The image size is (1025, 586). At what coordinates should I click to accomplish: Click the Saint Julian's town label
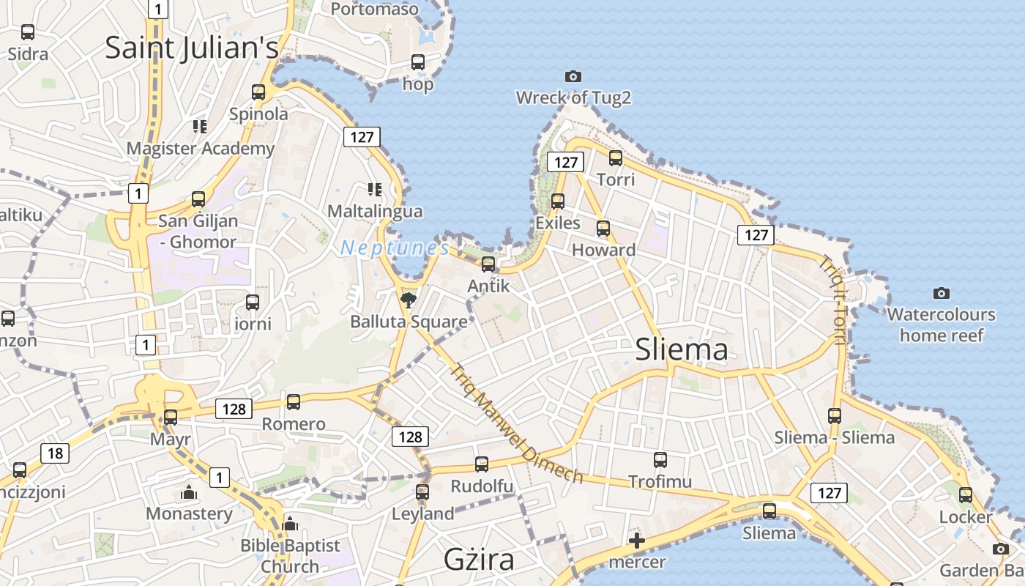pyautogui.click(x=192, y=48)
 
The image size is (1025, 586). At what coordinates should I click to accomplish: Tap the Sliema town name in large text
pyautogui.click(x=682, y=349)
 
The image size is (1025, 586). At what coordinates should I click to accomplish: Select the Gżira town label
pyautogui.click(x=479, y=560)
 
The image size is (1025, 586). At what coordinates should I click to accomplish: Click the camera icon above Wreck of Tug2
pyautogui.click(x=573, y=76)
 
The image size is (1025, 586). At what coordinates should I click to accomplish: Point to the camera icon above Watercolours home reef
pyautogui.click(x=942, y=294)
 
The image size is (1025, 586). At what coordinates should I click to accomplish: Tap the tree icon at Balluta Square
pyautogui.click(x=408, y=299)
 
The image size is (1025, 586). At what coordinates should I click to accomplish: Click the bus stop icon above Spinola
pyautogui.click(x=258, y=92)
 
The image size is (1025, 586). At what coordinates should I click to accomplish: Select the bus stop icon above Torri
pyautogui.click(x=616, y=157)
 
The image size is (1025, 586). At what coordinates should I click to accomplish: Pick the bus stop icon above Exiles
pyautogui.click(x=558, y=201)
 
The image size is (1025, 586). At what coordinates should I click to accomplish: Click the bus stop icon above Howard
pyautogui.click(x=603, y=229)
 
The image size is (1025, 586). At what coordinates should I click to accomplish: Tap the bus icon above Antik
pyautogui.click(x=488, y=264)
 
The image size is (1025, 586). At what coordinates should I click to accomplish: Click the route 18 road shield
pyautogui.click(x=56, y=453)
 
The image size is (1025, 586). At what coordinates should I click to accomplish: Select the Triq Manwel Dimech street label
pyautogui.click(x=517, y=424)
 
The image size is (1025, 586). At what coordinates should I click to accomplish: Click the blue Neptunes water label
pyautogui.click(x=395, y=248)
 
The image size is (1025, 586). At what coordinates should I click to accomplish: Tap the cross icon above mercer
pyautogui.click(x=637, y=541)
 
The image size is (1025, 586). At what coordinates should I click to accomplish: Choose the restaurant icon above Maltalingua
pyautogui.click(x=375, y=190)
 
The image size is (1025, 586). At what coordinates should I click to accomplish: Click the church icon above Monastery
pyautogui.click(x=189, y=492)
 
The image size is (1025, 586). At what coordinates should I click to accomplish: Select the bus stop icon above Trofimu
pyautogui.click(x=660, y=460)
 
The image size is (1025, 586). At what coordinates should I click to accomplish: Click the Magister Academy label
pyautogui.click(x=201, y=149)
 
